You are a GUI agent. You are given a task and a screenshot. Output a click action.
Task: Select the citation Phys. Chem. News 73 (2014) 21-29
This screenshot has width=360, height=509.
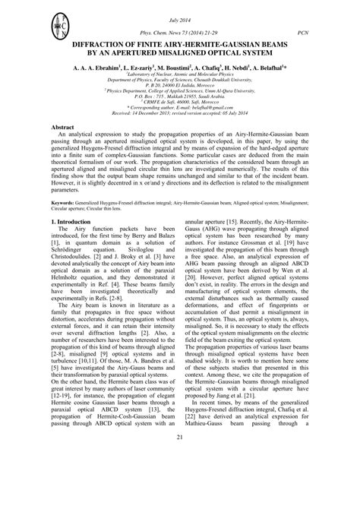[x=179, y=33]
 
